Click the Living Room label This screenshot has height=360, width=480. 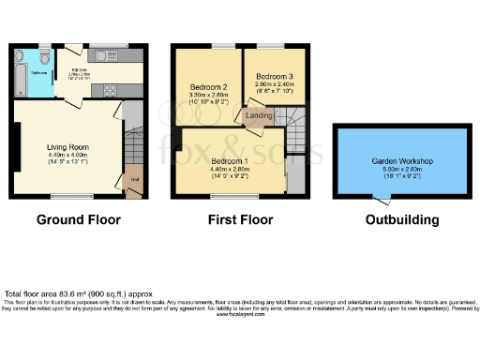click(x=69, y=147)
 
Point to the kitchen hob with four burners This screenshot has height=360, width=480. click(x=110, y=92)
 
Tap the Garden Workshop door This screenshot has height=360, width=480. click(x=382, y=198)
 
